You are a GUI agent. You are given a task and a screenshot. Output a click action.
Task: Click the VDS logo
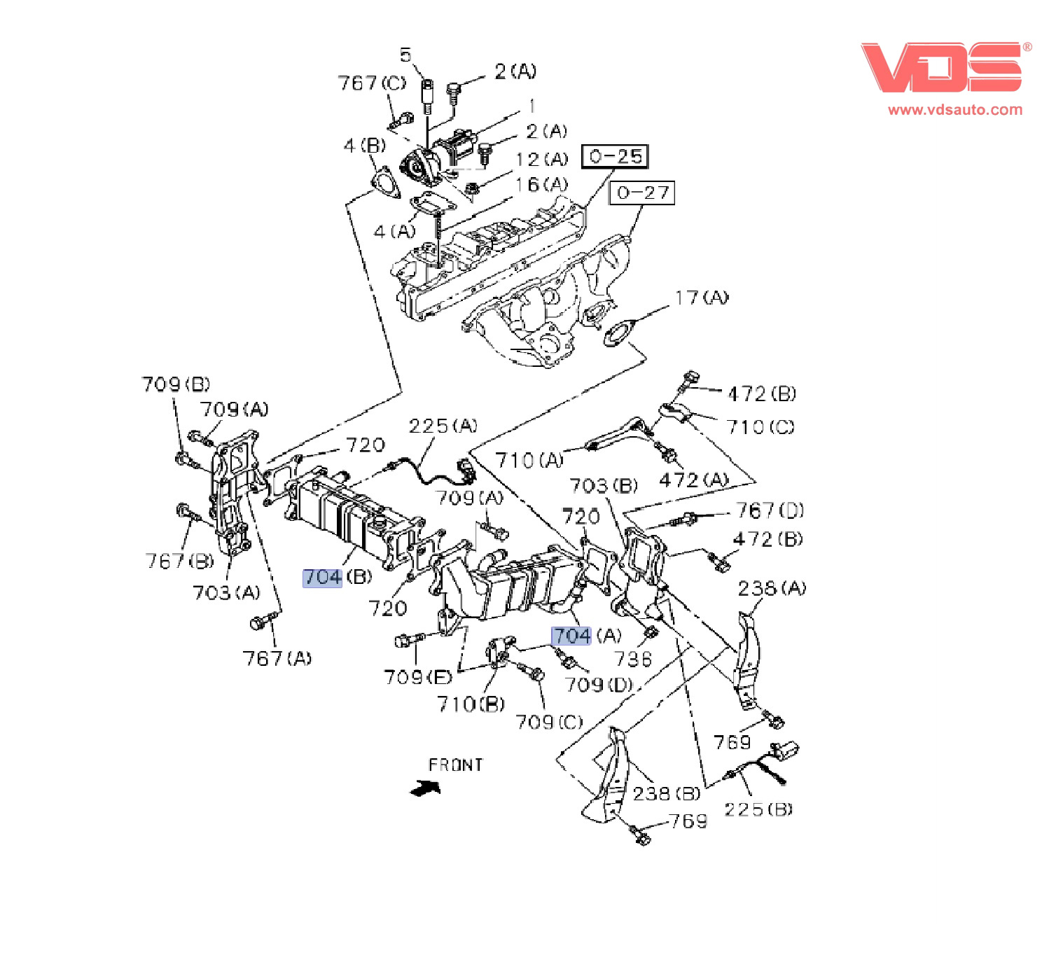pos(942,67)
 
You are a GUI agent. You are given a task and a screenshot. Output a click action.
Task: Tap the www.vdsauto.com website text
pos(954,110)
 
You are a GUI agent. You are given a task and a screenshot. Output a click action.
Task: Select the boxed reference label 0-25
pos(615,156)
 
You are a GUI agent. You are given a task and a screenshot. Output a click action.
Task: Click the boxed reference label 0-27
pos(642,193)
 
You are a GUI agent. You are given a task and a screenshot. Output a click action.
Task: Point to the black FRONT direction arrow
pos(426,788)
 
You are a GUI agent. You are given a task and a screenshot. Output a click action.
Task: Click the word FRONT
pos(455,765)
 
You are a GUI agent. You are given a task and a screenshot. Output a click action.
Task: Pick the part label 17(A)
pos(701,298)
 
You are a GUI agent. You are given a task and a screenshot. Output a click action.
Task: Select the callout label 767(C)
pos(372,83)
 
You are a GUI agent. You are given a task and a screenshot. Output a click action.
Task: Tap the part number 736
pos(633,659)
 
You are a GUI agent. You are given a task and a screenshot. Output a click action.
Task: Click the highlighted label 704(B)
pos(338,578)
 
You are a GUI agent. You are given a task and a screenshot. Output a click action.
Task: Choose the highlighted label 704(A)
pos(586,636)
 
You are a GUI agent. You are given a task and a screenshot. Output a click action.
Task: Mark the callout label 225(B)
pos(758,809)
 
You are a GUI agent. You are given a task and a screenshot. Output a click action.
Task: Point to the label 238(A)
pos(771,588)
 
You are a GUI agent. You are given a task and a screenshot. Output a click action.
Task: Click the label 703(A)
pos(226,593)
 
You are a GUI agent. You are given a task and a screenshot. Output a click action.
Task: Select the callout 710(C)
pos(760,427)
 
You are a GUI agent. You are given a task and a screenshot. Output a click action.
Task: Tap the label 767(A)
pos(277,658)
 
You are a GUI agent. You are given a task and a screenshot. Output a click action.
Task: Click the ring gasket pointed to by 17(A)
pos(618,333)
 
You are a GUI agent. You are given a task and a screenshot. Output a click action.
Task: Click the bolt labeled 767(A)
pos(263,621)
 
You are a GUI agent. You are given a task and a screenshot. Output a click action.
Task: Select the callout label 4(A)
pos(394,231)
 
